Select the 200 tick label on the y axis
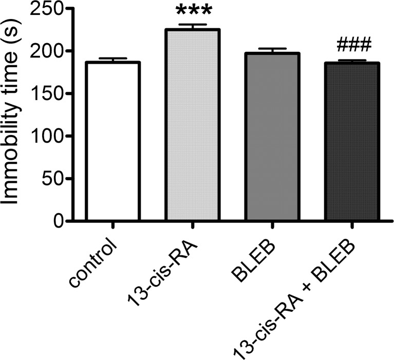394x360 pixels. pos(49,51)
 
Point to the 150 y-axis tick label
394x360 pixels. pos(49,94)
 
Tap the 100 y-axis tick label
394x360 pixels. pos(49,136)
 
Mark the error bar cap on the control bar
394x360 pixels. pos(113,59)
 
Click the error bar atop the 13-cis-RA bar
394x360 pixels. pos(193,25)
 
